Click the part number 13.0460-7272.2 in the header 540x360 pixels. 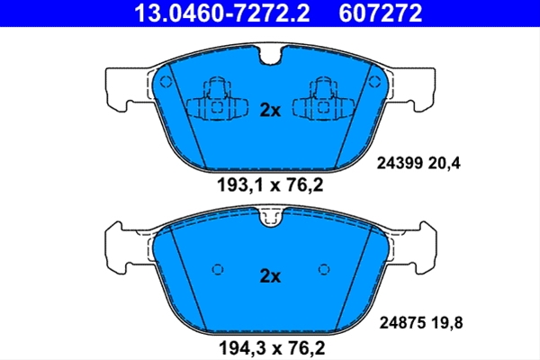coord(222,13)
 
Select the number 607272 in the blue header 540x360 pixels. coord(380,13)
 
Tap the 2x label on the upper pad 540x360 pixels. coord(270,110)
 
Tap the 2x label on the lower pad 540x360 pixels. coord(270,276)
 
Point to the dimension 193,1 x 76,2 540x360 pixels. coord(270,185)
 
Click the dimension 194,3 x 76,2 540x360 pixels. coord(272,348)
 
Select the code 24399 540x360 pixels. coord(400,163)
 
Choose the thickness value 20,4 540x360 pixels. coord(445,163)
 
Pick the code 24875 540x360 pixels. coord(402,323)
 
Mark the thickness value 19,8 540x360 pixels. coord(447,323)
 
